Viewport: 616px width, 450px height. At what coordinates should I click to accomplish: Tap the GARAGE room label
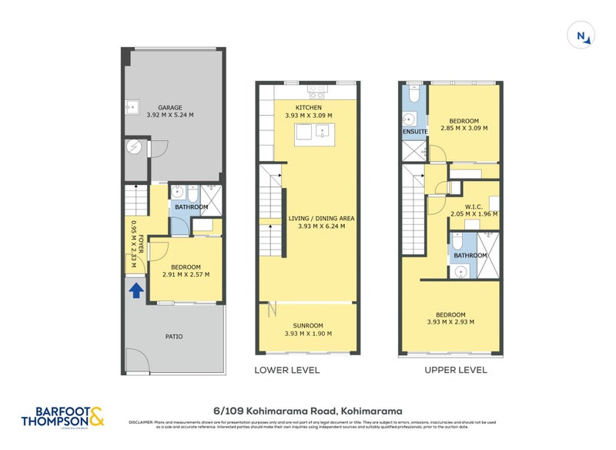[169, 107]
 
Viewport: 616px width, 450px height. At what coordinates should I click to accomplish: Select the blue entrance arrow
[136, 290]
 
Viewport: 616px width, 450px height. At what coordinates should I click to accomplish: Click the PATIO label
[173, 337]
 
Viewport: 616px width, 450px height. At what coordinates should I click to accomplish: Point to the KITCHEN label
[309, 107]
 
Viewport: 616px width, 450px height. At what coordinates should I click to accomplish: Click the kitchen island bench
[313, 133]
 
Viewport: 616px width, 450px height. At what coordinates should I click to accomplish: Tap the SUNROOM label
[308, 325]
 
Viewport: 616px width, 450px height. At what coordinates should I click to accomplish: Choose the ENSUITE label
[414, 132]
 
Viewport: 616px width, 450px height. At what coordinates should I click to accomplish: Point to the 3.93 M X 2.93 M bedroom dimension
[450, 322]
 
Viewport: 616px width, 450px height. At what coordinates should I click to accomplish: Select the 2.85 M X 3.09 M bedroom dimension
[464, 129]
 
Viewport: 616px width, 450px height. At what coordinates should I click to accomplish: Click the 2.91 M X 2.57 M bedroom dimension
[186, 274]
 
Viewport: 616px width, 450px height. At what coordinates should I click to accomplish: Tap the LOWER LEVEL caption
[286, 370]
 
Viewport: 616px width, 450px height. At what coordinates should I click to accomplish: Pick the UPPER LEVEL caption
[456, 370]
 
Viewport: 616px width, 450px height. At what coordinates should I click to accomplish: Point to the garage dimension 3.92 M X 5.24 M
[169, 116]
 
